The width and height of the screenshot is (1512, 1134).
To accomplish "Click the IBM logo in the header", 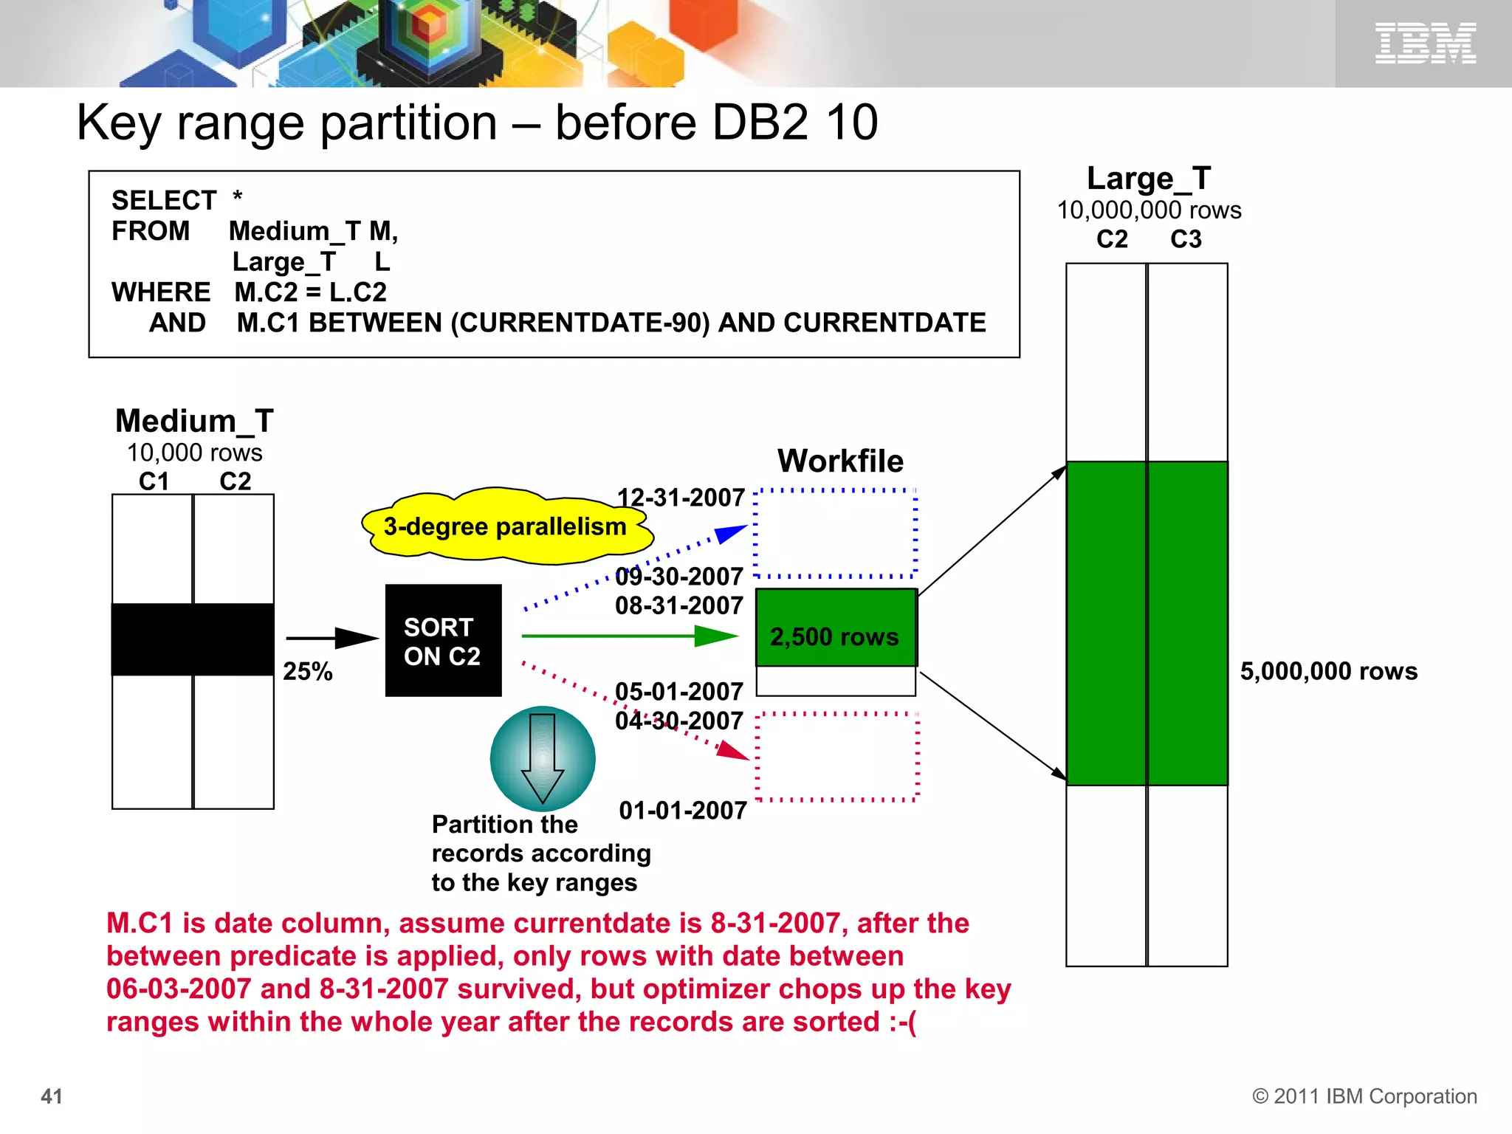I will pos(1425,43).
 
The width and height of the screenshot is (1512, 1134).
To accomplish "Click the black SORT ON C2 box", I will pos(443,640).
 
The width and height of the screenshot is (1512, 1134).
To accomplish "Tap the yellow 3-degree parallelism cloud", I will pos(505,526).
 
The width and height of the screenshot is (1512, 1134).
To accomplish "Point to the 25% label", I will pos(307,671).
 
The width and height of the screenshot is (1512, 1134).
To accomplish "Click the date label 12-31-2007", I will pos(680,498).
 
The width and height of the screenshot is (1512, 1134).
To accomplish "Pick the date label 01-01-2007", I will pos(682,811).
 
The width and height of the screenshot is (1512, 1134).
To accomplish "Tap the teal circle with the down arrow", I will pos(543,759).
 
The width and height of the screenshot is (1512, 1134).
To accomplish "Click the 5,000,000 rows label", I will pos(1328,671).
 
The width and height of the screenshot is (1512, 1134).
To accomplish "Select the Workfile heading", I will pos(840,461).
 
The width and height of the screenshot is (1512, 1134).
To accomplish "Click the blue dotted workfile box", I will pos(835,533).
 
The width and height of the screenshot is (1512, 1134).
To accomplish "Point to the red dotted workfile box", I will pos(837,757).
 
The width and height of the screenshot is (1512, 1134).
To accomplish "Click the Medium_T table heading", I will pos(194,422).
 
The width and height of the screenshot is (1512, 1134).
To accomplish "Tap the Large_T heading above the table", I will pos(1148,179).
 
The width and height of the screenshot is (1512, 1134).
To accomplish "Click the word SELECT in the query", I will pos(164,200).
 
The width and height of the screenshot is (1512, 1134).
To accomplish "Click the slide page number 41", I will pos(52,1096).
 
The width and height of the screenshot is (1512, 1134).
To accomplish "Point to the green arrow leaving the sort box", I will pos(628,636).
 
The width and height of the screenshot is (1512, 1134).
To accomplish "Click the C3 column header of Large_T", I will pos(1186,239).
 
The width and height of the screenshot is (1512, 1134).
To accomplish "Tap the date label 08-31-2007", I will pos(678,605).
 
